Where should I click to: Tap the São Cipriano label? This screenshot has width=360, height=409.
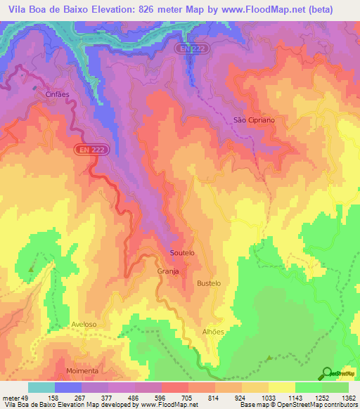(254, 120)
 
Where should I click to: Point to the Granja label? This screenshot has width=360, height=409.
(167, 271)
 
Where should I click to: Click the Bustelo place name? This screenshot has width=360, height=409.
(209, 283)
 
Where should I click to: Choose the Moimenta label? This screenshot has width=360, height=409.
(82, 370)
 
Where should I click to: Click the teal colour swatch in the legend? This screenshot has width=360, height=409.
(41, 387)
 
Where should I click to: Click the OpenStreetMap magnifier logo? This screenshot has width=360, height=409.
(328, 372)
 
